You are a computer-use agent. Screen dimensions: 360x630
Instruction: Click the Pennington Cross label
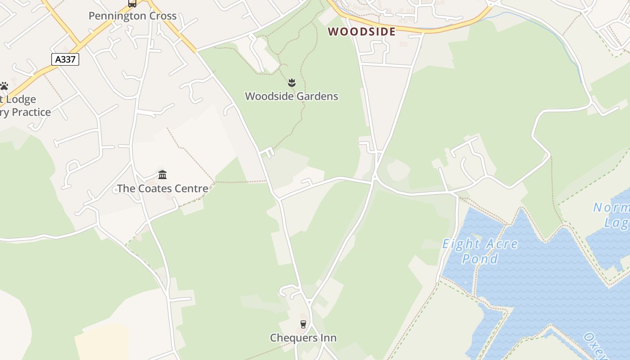(132, 16)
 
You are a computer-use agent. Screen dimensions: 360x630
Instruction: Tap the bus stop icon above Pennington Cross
(132, 4)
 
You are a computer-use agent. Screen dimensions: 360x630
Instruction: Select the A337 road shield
(65, 59)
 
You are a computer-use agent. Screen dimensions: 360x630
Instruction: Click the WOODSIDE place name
(362, 31)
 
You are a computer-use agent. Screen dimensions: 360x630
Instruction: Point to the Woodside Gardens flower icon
(292, 83)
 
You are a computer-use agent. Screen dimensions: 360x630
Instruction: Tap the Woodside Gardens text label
(292, 96)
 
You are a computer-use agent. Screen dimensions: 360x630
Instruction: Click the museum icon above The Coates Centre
(162, 175)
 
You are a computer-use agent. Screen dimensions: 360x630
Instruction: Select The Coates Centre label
(162, 189)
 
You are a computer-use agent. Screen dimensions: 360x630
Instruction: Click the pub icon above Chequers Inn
(303, 324)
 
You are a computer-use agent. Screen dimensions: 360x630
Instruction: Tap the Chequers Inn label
(303, 338)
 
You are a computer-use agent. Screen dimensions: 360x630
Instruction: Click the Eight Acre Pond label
(480, 251)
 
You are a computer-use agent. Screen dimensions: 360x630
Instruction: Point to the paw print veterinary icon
(4, 86)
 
